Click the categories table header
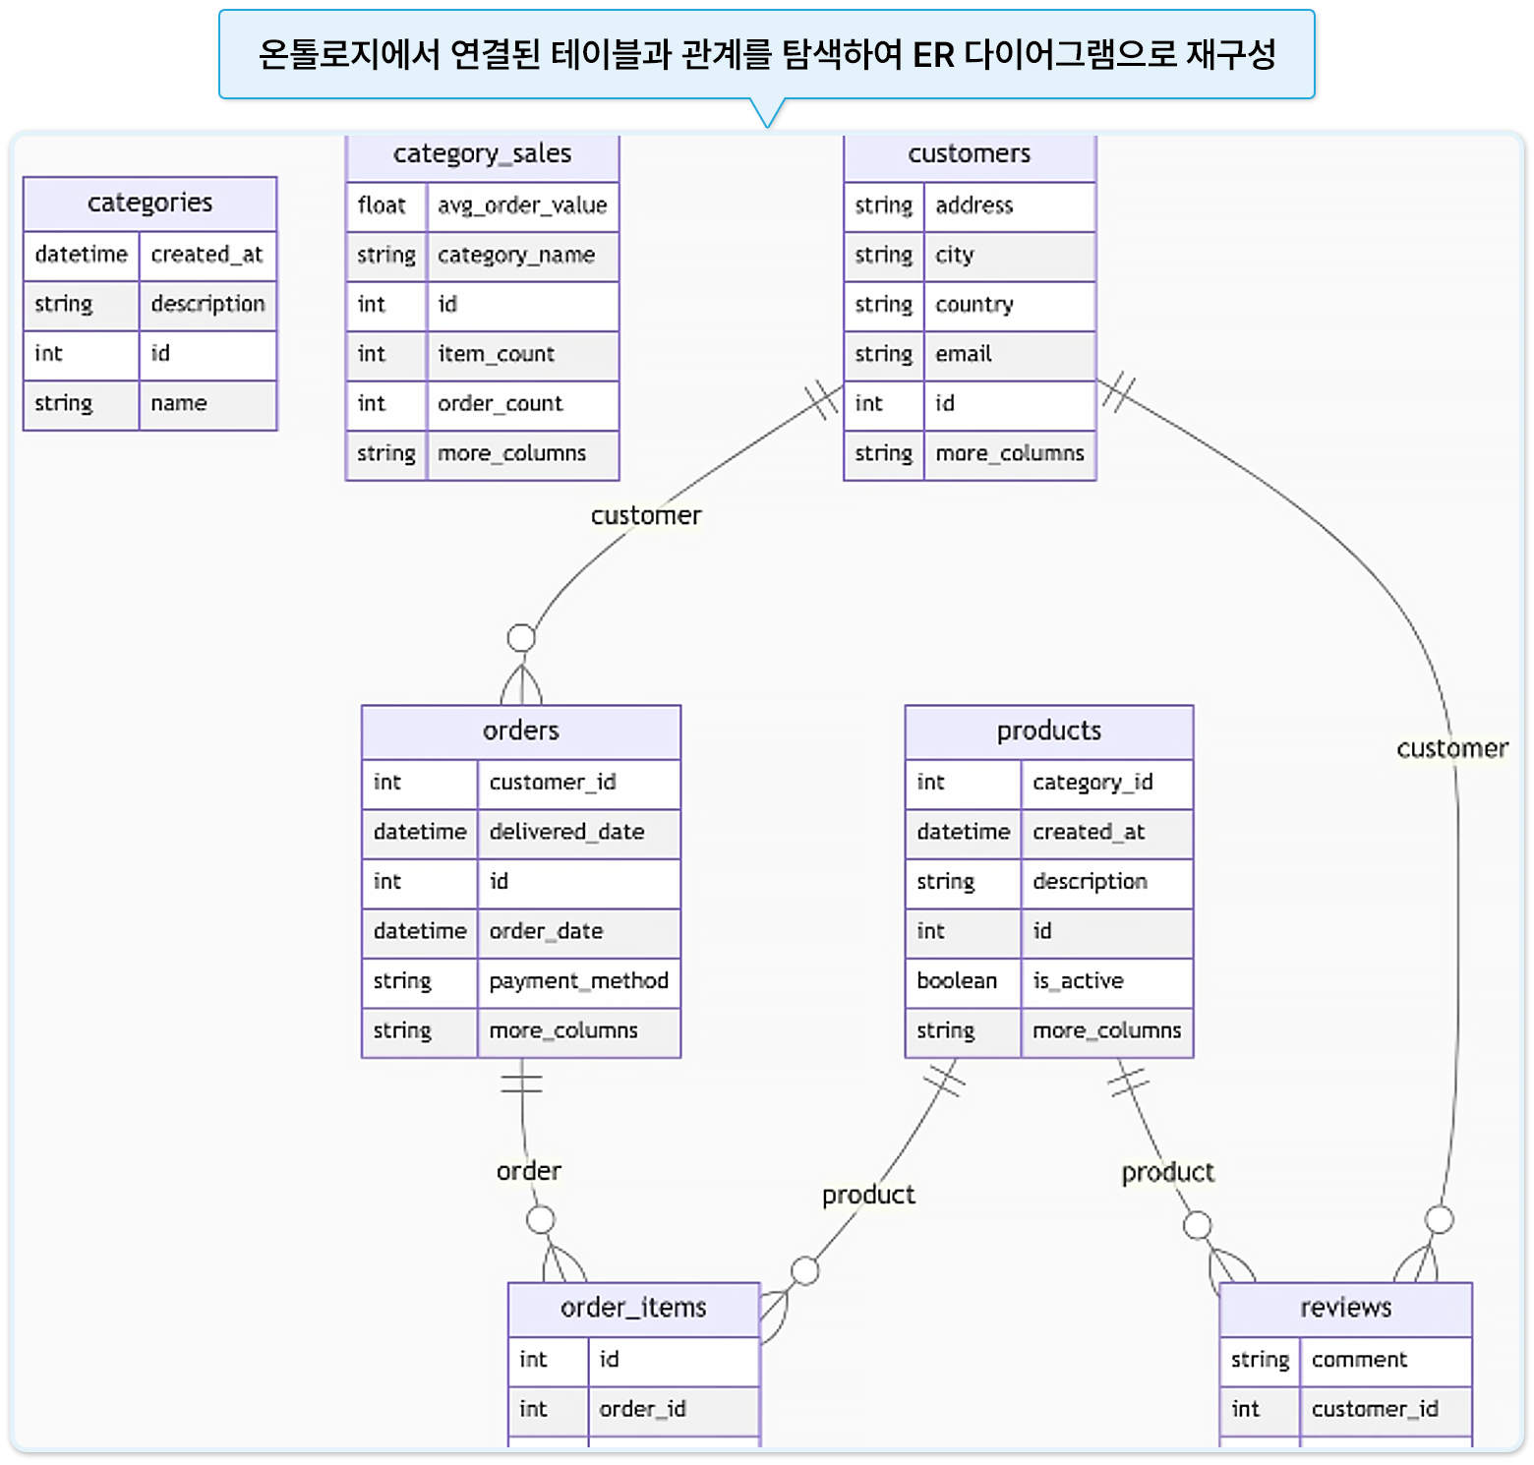point(149,203)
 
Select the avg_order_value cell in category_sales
point(522,205)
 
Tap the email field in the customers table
point(964,354)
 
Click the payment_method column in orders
point(578,981)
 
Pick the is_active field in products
point(1078,981)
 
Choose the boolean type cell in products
point(957,981)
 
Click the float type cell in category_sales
point(382,205)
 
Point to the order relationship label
point(529,1171)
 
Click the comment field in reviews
point(1359,1360)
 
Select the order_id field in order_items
point(642,1409)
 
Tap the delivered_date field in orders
point(566,832)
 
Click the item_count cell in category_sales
point(496,354)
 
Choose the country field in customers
point(973,305)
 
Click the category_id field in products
point(1092,783)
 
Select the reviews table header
point(1345,1308)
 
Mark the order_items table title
point(633,1308)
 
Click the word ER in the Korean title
point(933,55)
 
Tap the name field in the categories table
point(179,403)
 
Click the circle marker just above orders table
point(521,638)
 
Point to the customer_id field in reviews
point(1375,1409)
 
